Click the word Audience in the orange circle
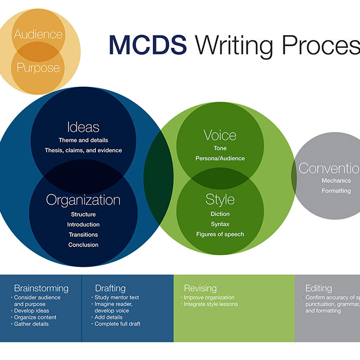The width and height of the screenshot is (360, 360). click(x=38, y=35)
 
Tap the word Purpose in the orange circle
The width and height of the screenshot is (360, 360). click(x=38, y=68)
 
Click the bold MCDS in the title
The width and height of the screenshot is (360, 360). click(x=148, y=45)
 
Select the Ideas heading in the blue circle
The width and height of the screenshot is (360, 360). click(x=83, y=127)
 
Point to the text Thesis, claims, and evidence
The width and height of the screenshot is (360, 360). click(x=83, y=150)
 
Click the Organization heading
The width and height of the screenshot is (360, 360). click(x=83, y=200)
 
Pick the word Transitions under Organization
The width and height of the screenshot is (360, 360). click(x=83, y=235)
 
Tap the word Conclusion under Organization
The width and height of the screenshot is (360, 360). click(x=83, y=245)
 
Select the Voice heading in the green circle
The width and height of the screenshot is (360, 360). click(x=220, y=135)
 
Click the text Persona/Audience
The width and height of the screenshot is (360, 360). click(x=220, y=158)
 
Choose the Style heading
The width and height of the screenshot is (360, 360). click(x=220, y=200)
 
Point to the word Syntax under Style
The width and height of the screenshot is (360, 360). click(x=220, y=224)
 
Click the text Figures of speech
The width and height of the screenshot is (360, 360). click(x=220, y=234)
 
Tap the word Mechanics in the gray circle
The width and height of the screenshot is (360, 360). click(x=336, y=181)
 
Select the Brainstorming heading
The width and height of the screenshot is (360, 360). click(x=41, y=288)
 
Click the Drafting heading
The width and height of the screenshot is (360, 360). click(x=110, y=288)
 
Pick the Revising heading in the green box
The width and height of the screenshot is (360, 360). click(x=200, y=288)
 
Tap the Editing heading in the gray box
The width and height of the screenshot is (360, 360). click(x=318, y=288)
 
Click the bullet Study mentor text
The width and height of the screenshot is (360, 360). click(x=117, y=297)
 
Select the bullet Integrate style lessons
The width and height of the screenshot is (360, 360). click(x=210, y=304)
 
